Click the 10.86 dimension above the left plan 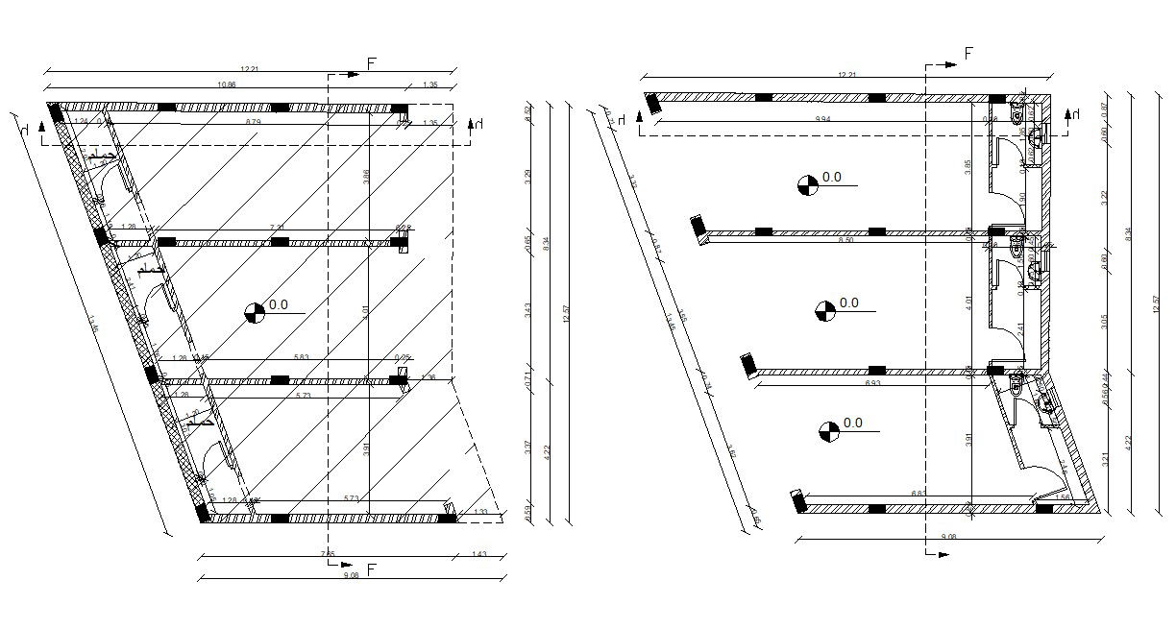tap(228, 85)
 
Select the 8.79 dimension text tap(253, 123)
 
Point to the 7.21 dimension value tap(277, 228)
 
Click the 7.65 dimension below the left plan tap(328, 553)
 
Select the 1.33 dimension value tap(480, 513)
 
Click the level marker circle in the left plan tap(255, 312)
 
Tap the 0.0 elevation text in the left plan tap(279, 305)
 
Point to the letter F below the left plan tap(371, 570)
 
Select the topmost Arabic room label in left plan tap(103, 156)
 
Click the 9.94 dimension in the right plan tap(822, 118)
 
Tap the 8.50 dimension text tap(846, 240)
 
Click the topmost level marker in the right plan tap(808, 184)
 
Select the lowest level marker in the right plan tap(828, 431)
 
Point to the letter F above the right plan tap(968, 54)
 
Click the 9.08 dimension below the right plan tap(948, 536)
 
